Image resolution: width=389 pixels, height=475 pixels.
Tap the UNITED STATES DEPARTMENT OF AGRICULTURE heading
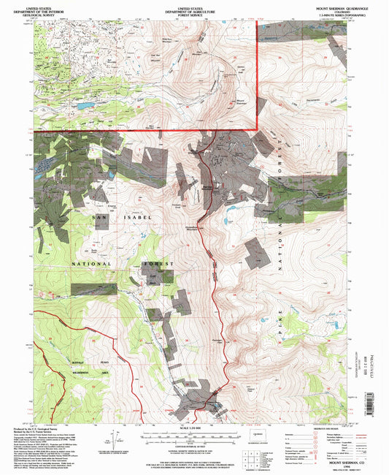coord(193,8)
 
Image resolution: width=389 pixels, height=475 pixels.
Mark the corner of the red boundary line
coord(256,129)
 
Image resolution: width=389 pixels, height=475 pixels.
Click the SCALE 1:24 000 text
coord(193,427)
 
